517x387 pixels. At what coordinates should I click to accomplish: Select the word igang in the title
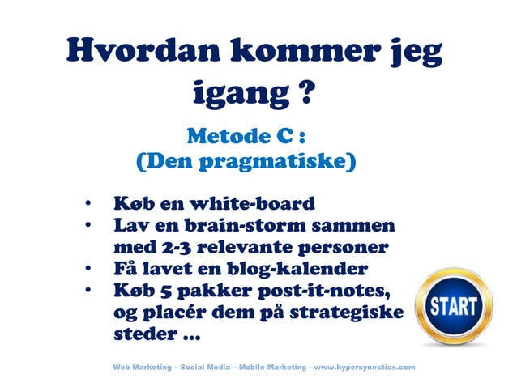pos(230,95)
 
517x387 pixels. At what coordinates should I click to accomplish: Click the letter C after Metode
pos(280,133)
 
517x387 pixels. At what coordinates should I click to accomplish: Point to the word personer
pos(344,245)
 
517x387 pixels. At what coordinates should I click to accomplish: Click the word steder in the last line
pos(143,332)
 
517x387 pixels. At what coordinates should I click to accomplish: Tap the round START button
pos(454,308)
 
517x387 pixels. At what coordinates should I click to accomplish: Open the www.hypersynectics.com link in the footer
pos(364,367)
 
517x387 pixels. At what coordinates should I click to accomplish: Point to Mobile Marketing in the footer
pos(268,367)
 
